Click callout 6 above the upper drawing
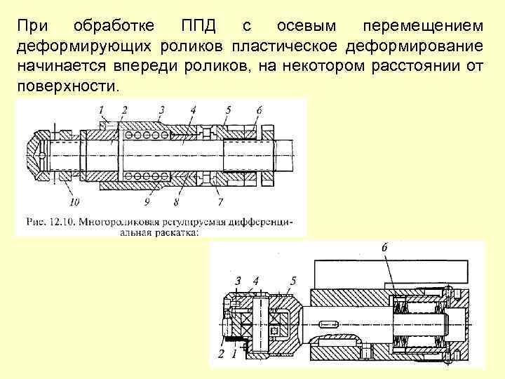click(x=260, y=109)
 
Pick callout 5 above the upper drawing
click(x=228, y=109)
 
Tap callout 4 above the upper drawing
click(x=193, y=109)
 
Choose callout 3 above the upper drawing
click(x=161, y=109)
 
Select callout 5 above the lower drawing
click(x=292, y=281)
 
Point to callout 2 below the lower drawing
click(x=221, y=354)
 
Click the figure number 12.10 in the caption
click(x=61, y=222)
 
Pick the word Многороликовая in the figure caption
click(x=115, y=222)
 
